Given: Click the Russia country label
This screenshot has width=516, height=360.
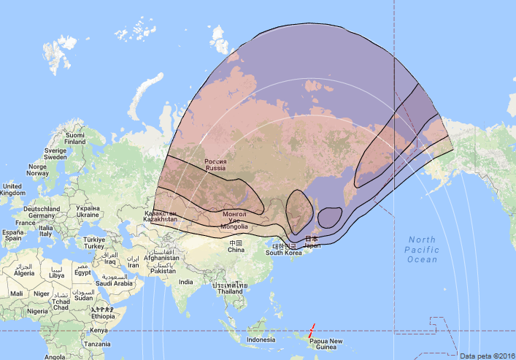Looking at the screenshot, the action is [x=215, y=165].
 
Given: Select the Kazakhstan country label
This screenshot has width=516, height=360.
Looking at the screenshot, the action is [x=160, y=215].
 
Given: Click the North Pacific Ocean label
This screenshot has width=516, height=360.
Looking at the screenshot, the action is [x=423, y=250].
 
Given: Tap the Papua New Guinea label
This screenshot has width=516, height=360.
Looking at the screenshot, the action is [x=326, y=345].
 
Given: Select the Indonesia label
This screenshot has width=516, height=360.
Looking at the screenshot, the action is [x=261, y=340].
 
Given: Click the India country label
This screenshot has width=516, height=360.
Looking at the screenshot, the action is [x=186, y=282].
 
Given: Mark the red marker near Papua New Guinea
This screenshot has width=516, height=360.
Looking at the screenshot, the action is [x=312, y=329].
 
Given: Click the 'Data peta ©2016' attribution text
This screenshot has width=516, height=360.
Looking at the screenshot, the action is [x=487, y=356].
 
